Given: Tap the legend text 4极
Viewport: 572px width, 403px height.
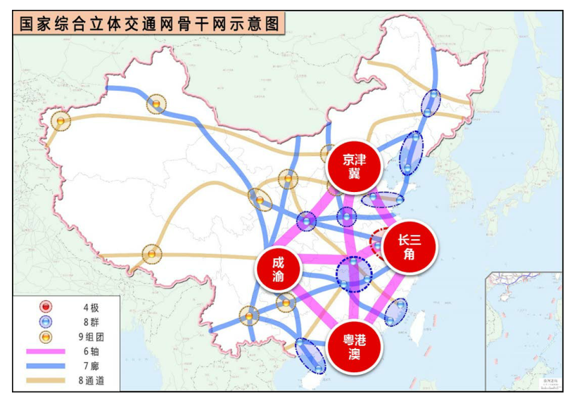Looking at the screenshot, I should point(90,307).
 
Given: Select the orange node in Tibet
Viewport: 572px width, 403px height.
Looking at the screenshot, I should point(151,254).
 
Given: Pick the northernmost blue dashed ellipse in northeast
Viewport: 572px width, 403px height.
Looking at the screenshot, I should point(431,103).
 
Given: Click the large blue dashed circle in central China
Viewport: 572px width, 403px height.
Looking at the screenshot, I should point(354,273).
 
